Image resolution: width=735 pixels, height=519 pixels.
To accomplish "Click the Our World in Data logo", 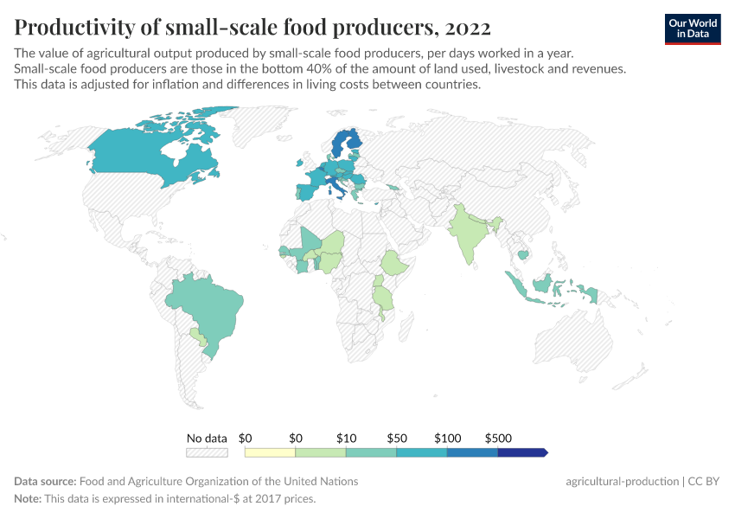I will coord(692,28).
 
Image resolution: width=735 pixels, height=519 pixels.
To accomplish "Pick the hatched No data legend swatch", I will coord(207,452).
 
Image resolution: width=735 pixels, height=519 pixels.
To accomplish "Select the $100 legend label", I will coord(447,439).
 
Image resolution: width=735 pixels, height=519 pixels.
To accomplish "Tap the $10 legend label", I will coord(346,439).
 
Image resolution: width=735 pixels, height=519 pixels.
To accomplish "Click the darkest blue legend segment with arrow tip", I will coord(522,452).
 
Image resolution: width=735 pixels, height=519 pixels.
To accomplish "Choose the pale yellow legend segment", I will coord(270,452).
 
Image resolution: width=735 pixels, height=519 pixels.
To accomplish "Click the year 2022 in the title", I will coord(467,28).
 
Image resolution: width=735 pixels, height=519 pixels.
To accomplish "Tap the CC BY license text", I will coord(705,481).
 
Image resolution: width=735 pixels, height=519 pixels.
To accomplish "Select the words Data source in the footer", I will coord(45,481).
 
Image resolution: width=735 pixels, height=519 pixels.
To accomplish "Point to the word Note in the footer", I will coord(29,499).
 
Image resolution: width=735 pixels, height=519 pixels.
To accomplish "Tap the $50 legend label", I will coord(396,439).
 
